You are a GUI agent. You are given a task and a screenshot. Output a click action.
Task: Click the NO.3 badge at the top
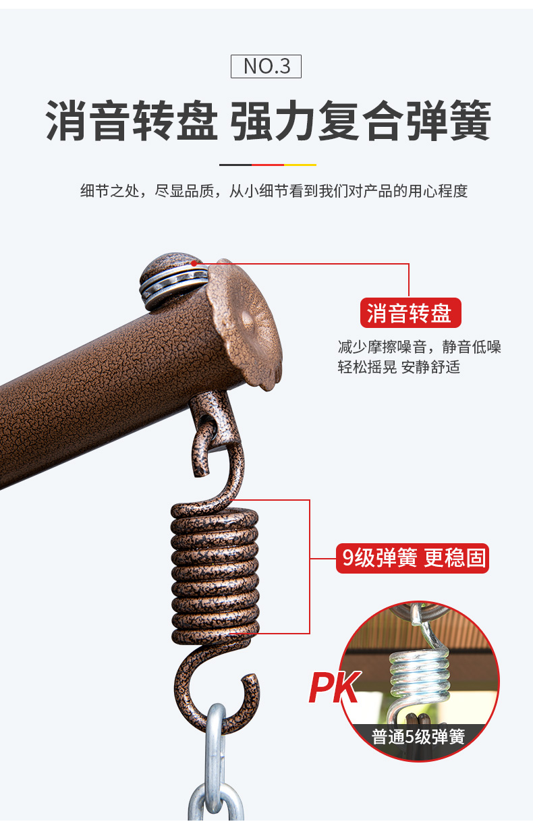(266, 66)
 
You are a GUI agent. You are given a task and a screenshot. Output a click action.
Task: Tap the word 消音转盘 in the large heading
(132, 119)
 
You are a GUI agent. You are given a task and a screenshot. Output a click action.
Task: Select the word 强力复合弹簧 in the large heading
(361, 119)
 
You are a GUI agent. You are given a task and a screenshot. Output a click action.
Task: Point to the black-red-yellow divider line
(268, 165)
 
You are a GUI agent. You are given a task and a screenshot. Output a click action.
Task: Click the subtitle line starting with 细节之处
(274, 191)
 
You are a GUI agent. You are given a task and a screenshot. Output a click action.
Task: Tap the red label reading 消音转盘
(410, 312)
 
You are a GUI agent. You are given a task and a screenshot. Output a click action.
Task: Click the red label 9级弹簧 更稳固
(412, 558)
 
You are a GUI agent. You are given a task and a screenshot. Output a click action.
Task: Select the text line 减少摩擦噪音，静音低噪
(419, 347)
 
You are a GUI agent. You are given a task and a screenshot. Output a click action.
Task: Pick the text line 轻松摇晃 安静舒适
(399, 367)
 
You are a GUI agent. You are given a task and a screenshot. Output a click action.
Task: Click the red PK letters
(334, 687)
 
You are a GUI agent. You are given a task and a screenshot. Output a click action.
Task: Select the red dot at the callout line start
(194, 264)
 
